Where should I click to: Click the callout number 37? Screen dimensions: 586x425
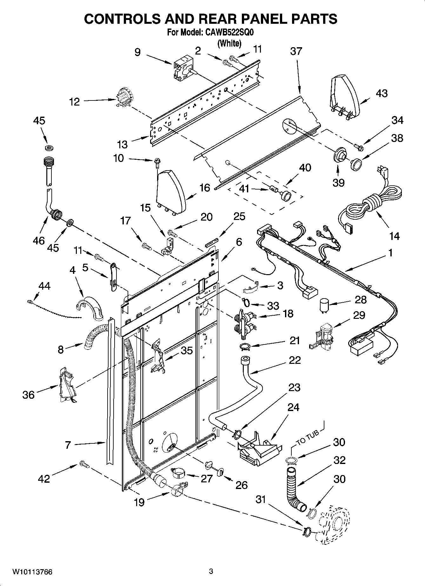[296, 51]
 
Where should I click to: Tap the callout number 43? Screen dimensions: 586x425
[382, 93]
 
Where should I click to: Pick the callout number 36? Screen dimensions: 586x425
[28, 395]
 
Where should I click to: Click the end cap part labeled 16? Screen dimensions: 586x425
[171, 192]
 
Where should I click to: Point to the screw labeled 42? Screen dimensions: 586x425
[84, 465]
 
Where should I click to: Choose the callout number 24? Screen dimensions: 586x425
[293, 407]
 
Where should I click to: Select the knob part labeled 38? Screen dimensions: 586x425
[356, 164]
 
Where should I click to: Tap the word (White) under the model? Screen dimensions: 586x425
[229, 43]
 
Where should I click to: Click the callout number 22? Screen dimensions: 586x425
[295, 360]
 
